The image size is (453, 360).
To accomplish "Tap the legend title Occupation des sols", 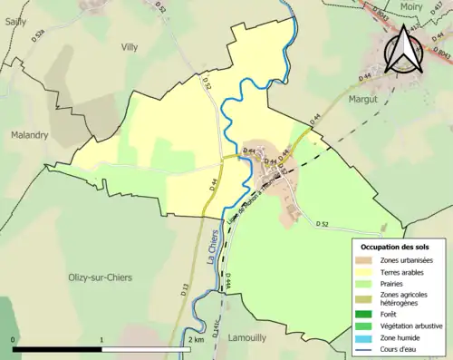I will [x=400, y=247].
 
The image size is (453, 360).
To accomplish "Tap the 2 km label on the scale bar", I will [x=196, y=339].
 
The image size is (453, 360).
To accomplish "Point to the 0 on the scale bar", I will [x=14, y=339].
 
